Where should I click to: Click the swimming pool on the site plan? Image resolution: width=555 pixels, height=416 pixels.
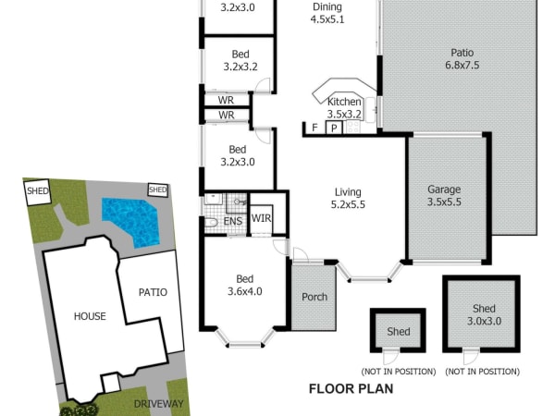pyautogui.click(x=131, y=221)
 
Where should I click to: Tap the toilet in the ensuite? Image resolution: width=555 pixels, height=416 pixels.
pyautogui.click(x=211, y=223)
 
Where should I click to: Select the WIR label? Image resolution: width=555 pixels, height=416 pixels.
pyautogui.click(x=261, y=218)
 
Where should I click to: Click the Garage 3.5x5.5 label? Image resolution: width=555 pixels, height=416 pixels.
pyautogui.click(x=444, y=196)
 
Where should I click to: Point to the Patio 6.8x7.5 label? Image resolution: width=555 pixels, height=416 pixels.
pyautogui.click(x=462, y=59)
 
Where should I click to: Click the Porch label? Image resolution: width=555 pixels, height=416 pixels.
pyautogui.click(x=314, y=297)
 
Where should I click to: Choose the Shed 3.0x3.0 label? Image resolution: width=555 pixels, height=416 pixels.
pyautogui.click(x=484, y=315)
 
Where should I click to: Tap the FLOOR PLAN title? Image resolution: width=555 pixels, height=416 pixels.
pyautogui.click(x=351, y=389)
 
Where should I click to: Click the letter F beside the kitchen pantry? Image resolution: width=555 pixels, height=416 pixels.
pyautogui.click(x=314, y=128)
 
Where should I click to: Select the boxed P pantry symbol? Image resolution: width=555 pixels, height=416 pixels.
pyautogui.click(x=334, y=128)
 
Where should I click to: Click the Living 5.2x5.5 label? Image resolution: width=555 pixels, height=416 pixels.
pyautogui.click(x=348, y=198)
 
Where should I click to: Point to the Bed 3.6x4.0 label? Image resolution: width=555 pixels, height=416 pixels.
pyautogui.click(x=244, y=285)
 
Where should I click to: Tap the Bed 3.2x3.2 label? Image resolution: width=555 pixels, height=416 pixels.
pyautogui.click(x=240, y=60)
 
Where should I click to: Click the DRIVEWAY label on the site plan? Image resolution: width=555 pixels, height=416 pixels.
pyautogui.click(x=158, y=404)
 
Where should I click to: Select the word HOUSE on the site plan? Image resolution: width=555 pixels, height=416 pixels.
pyautogui.click(x=90, y=316)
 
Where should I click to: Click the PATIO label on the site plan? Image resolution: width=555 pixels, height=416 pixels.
pyautogui.click(x=153, y=292)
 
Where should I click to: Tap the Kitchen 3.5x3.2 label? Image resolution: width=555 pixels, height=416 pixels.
pyautogui.click(x=344, y=108)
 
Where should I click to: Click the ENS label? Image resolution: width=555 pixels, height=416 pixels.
pyautogui.click(x=233, y=221)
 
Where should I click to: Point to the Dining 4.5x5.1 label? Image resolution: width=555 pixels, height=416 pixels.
pyautogui.click(x=327, y=13)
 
